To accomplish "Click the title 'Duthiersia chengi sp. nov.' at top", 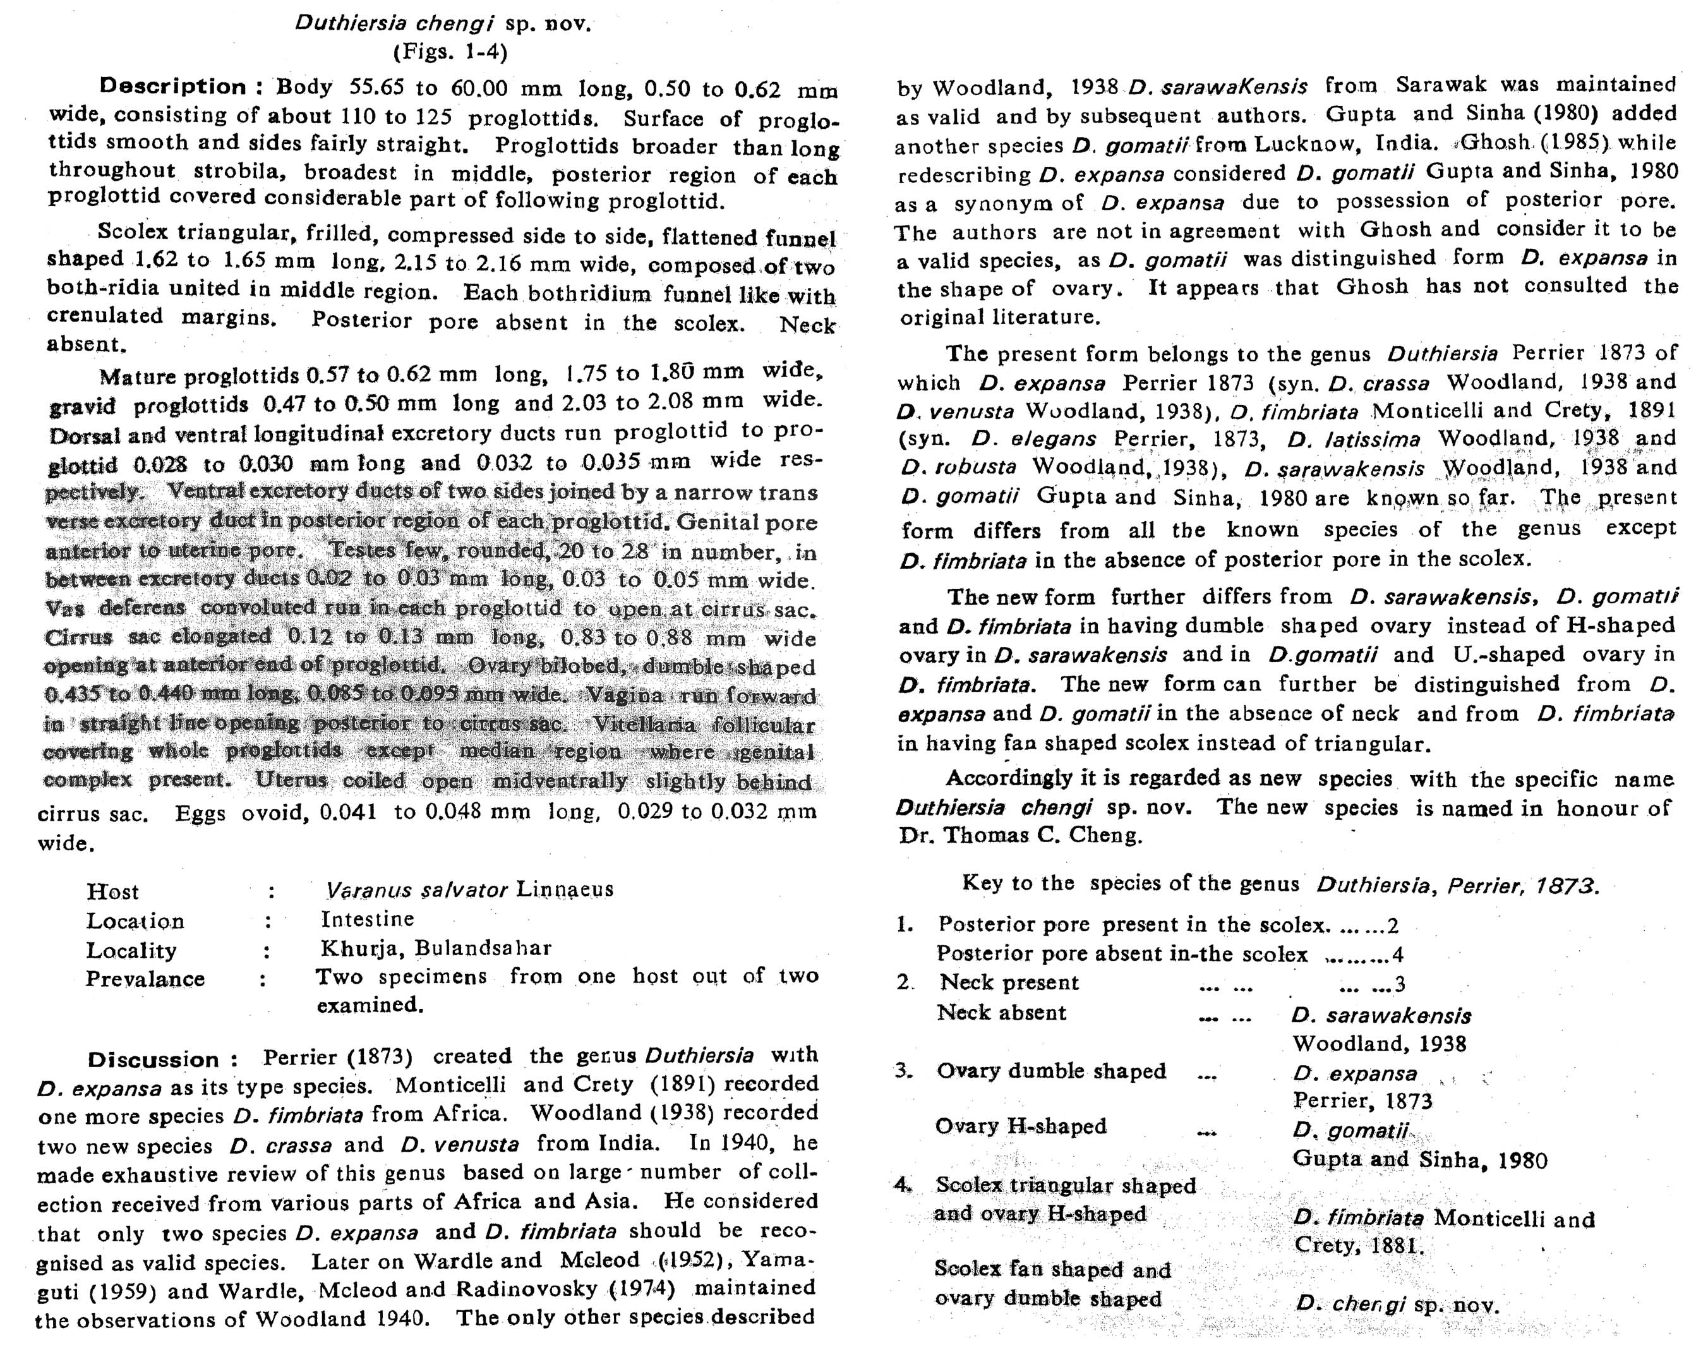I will pyautogui.click(x=443, y=23).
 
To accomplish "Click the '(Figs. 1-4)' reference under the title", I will pyautogui.click(x=449, y=52).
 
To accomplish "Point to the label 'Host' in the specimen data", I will pyautogui.click(x=112, y=891).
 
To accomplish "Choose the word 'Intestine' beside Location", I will pyautogui.click(x=368, y=919).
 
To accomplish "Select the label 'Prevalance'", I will pyautogui.click(x=145, y=979).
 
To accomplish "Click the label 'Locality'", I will pyautogui.click(x=131, y=950).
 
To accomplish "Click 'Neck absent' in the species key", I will pyautogui.click(x=1001, y=1013).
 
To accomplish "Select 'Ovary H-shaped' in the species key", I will pyautogui.click(x=1020, y=1126).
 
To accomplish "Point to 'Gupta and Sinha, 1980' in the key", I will pyautogui.click(x=1419, y=1160).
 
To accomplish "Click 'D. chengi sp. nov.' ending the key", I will pyautogui.click(x=1397, y=1303).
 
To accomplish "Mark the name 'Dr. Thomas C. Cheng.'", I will pyautogui.click(x=1020, y=836).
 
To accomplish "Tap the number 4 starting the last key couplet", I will pyautogui.click(x=903, y=1185).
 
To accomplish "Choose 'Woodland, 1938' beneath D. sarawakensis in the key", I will pyautogui.click(x=1380, y=1044).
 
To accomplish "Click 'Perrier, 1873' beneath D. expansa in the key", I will pyautogui.click(x=1362, y=1101).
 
